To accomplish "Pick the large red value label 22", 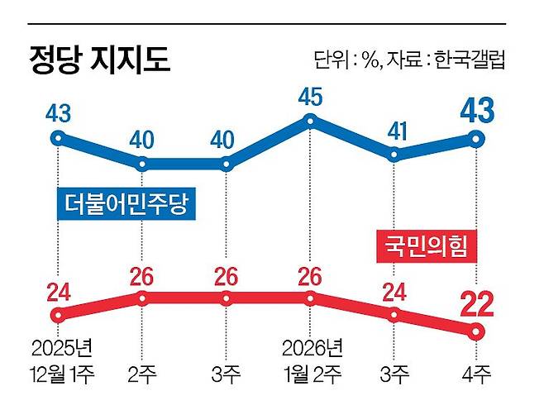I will point(476,305).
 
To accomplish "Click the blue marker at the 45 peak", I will point(310,121).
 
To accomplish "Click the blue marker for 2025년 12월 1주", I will point(57,138).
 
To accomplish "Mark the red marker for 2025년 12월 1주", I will point(57,314).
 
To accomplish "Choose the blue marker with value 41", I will point(394,153).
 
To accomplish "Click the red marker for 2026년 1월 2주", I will point(310,298).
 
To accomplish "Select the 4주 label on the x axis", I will point(477,373).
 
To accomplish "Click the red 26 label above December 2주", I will point(142,275).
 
